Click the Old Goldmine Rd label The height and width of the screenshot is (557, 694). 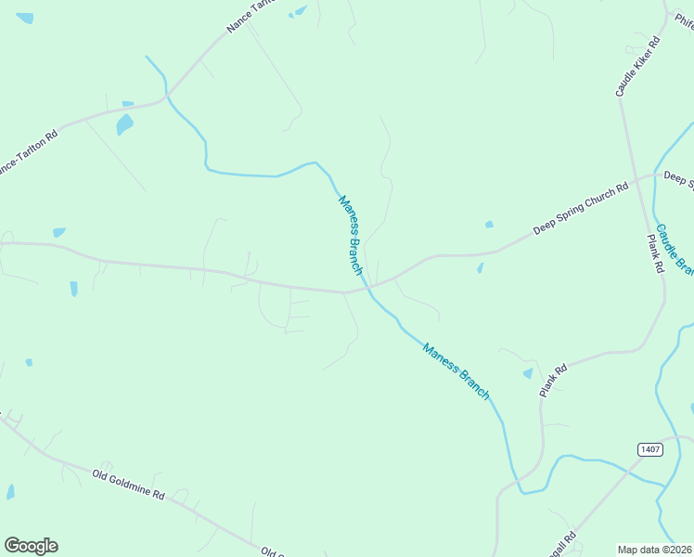(x=128, y=486)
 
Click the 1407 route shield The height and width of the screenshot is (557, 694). (x=650, y=449)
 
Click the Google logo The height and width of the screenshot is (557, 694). (x=31, y=546)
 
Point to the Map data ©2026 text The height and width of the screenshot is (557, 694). (x=655, y=550)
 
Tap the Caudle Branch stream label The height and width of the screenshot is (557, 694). (x=675, y=250)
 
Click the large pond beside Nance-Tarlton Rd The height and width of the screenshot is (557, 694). (x=124, y=123)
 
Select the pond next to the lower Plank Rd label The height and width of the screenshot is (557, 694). (x=528, y=373)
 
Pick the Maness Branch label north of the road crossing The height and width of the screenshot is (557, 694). (x=350, y=234)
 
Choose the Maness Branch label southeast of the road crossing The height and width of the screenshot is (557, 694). (x=456, y=371)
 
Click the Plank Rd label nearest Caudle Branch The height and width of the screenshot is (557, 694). (x=656, y=253)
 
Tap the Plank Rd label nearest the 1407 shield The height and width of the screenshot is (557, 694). (x=554, y=382)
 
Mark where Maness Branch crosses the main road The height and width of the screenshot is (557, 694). (x=368, y=289)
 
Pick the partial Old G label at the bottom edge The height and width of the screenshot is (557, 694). (x=272, y=551)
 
